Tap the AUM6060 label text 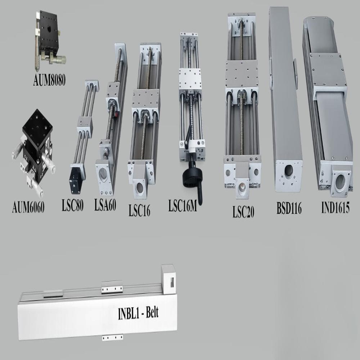(28, 208)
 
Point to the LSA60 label (105, 206)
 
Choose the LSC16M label (183, 207)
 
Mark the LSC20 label (243, 212)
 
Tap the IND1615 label (335, 208)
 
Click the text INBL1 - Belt (138, 312)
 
